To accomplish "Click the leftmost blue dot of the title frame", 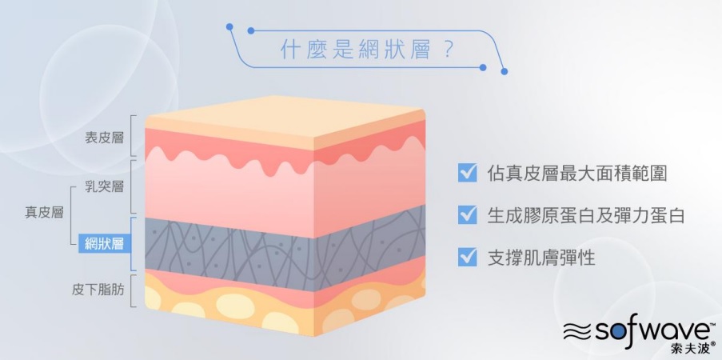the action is click(x=229, y=26).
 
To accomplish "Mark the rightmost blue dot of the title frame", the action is click(x=505, y=71).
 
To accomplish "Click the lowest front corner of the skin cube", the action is click(x=314, y=335).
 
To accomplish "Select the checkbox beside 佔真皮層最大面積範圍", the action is click(x=468, y=173).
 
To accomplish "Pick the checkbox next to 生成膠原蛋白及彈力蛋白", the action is click(x=468, y=215).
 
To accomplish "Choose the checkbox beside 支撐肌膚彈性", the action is click(x=468, y=258).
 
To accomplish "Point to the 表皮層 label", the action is click(x=105, y=138).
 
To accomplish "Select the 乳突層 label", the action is click(x=105, y=186).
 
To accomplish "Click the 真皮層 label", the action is click(x=44, y=213).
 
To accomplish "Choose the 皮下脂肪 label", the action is click(x=98, y=290).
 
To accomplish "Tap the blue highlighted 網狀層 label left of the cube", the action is click(x=105, y=243).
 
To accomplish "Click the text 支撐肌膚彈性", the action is click(x=541, y=258).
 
